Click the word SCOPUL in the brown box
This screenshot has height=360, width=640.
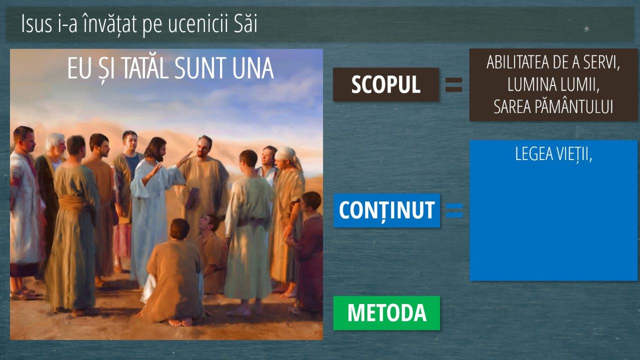(x=385, y=84)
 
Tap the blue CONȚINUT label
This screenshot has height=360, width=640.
(x=387, y=210)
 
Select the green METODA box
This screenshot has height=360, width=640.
(x=386, y=313)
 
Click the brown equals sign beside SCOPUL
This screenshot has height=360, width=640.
(x=453, y=85)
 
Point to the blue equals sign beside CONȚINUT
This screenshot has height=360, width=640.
(x=454, y=210)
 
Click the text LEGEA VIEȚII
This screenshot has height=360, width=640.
(x=553, y=154)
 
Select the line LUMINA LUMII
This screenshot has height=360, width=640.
(x=553, y=84)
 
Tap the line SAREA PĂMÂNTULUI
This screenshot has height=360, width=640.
(x=553, y=107)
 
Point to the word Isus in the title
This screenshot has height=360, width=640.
(x=36, y=24)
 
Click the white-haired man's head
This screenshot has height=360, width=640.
(x=55, y=143)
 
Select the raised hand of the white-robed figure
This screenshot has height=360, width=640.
(x=184, y=158)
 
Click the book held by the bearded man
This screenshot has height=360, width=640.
(x=192, y=198)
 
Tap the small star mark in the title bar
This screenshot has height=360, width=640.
(x=586, y=28)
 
